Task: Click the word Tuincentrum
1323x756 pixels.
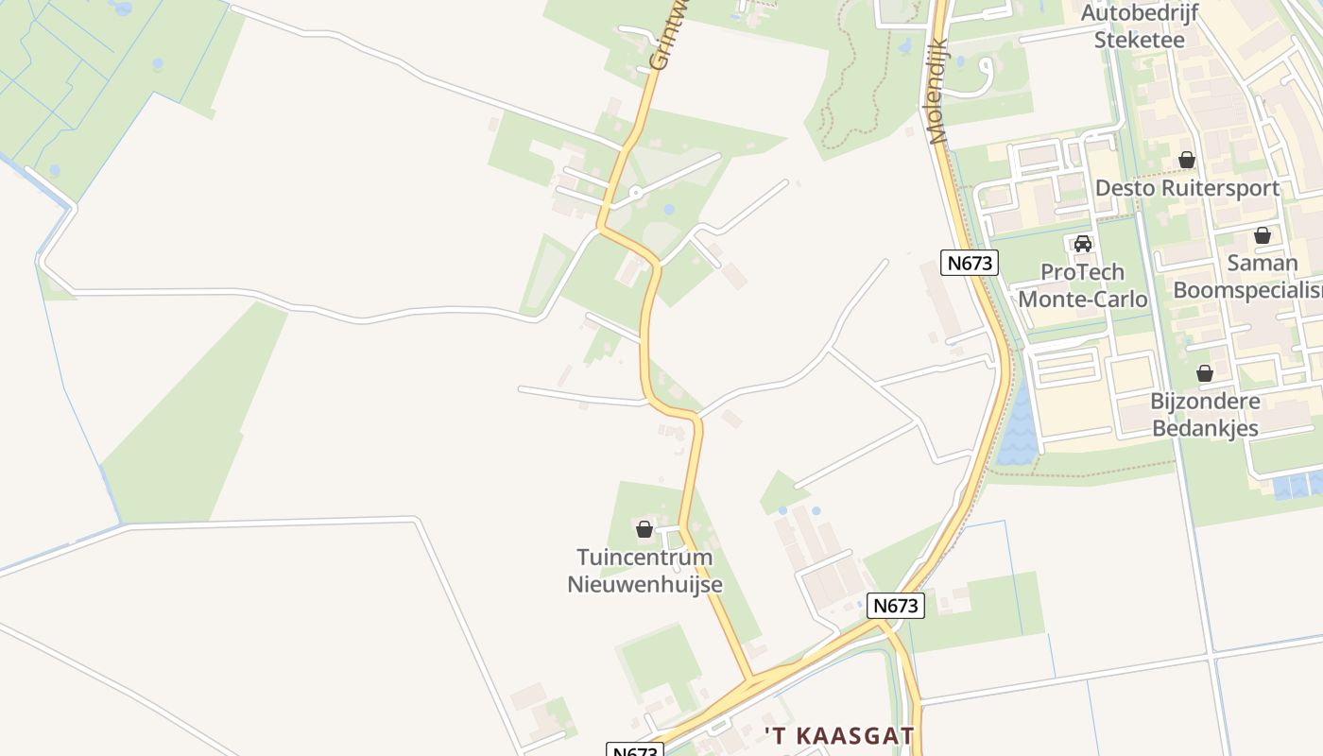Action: (644, 558)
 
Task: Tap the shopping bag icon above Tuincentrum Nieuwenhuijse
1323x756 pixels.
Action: (644, 529)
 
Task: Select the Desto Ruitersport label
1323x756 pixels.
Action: (1187, 187)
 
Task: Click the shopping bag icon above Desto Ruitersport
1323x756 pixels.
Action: (1187, 160)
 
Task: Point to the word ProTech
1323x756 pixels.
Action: (1082, 272)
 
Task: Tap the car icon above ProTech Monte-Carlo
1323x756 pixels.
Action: (1083, 244)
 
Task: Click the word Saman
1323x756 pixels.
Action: (1263, 263)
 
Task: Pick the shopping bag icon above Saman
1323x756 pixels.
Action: (1263, 235)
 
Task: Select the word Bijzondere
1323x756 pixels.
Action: (1205, 401)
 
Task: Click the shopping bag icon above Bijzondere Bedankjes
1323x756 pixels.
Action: (1205, 373)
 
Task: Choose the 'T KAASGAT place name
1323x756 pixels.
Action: (839, 735)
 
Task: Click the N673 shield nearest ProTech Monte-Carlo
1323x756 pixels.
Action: (971, 263)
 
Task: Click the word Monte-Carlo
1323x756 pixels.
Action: (1083, 300)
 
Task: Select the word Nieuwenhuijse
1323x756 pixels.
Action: (644, 584)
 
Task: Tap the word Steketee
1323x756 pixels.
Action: (1139, 40)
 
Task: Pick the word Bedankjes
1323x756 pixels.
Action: (1205, 428)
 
